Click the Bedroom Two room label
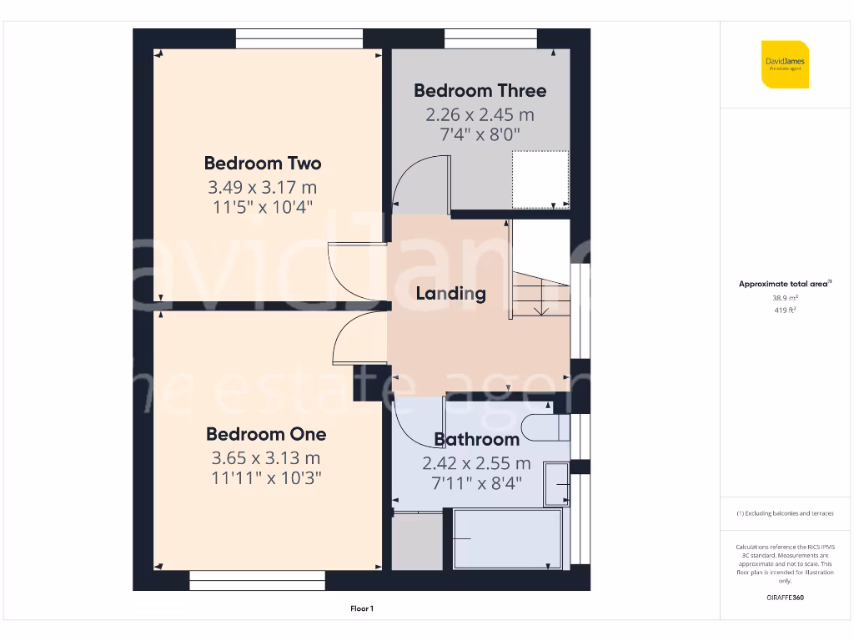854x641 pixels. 263,163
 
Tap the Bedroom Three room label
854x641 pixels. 480,90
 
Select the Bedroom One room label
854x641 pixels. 266,434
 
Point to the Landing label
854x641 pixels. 450,293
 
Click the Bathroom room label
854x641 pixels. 476,439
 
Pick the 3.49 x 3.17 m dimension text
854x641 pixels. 263,187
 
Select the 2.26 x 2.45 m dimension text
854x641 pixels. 480,114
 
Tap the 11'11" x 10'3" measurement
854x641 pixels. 266,478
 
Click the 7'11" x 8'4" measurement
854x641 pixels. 476,482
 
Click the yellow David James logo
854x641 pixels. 785,64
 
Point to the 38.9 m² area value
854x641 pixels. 785,297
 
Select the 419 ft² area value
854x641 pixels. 785,310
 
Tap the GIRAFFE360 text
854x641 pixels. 785,598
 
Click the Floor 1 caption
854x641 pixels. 361,609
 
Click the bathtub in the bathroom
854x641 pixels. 508,539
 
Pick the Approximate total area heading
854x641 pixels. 784,284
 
